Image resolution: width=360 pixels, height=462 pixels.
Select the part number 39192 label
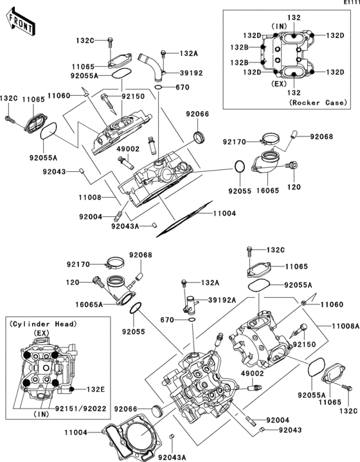pos(192,73)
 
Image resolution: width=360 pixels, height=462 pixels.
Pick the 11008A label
pos(345,326)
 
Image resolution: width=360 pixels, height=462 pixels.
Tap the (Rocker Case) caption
pos(317,102)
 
